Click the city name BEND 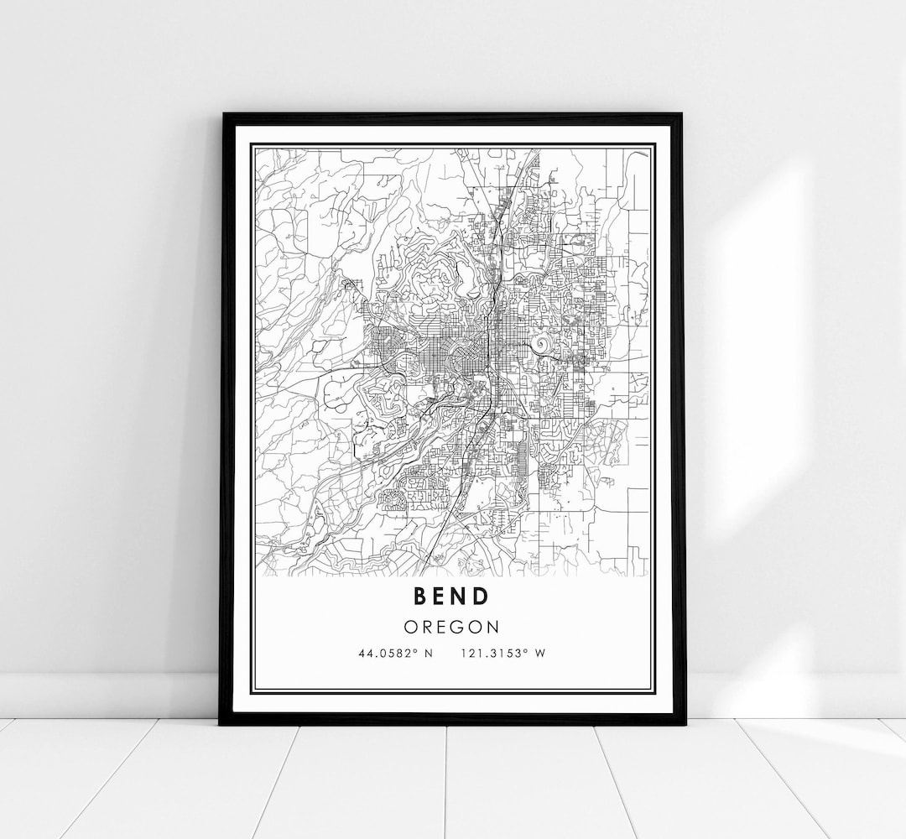coord(450,596)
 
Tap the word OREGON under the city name coord(450,627)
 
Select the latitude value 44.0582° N coord(395,654)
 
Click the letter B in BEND coord(420,596)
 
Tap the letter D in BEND coord(481,596)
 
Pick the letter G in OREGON coord(458,627)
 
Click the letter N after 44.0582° coord(428,654)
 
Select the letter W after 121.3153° coord(540,654)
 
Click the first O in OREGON coord(409,627)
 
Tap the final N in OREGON coord(493,627)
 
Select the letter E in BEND coord(440,596)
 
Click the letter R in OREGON coord(426,627)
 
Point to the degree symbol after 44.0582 coord(417,650)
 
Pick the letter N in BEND coord(460,596)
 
